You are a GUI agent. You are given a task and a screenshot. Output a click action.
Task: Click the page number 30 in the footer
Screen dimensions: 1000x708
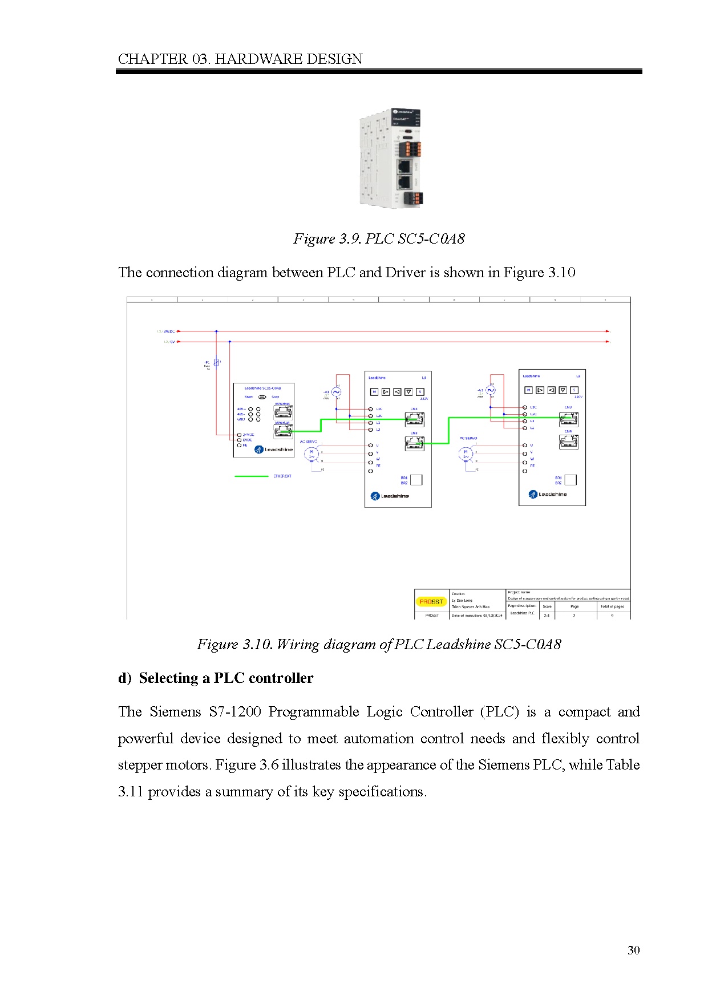coord(633,950)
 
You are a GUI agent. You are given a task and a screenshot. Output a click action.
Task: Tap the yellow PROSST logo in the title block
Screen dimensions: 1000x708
coord(431,601)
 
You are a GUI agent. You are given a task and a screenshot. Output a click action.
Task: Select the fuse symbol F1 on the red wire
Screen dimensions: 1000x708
coord(216,362)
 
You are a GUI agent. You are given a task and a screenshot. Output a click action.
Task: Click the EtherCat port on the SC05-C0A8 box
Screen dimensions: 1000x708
coord(283,431)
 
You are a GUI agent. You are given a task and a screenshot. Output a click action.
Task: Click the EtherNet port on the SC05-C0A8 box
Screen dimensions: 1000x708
coord(283,412)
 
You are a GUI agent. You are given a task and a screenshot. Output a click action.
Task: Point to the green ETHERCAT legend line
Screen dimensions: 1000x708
coord(252,476)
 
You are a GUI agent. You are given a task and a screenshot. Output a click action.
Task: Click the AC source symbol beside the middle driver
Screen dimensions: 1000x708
coord(337,392)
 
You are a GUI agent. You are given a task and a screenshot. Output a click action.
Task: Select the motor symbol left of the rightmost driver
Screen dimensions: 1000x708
coord(466,454)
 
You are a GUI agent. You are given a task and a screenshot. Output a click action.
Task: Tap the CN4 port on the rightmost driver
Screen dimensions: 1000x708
coord(568,441)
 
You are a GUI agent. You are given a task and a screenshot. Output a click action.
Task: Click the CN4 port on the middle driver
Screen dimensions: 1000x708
coord(414,443)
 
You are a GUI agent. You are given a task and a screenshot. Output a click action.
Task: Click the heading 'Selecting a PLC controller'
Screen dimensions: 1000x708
coord(226,678)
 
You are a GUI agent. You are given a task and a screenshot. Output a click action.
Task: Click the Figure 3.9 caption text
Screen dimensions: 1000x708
coord(379,238)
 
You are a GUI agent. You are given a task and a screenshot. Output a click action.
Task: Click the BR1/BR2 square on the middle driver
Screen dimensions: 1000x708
coord(416,480)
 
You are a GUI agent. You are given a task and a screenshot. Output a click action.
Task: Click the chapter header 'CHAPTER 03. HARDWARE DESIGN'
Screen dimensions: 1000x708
coord(240,59)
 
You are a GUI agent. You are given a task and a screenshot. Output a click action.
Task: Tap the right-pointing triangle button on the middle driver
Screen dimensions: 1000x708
coord(386,392)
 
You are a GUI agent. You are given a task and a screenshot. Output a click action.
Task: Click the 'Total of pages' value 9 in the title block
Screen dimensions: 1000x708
coord(612,616)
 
